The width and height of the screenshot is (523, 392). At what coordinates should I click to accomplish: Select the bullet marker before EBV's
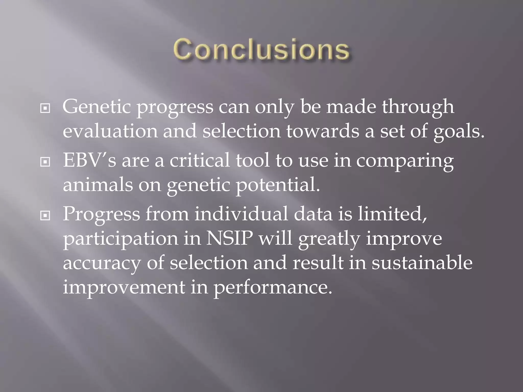pos(45,162)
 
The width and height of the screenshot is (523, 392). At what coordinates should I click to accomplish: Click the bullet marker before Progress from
pos(45,216)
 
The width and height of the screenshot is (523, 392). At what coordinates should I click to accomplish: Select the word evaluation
pos(110,131)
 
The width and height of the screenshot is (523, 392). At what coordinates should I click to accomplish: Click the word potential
pos(278,185)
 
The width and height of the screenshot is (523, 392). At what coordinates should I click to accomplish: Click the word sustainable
pos(422,263)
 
